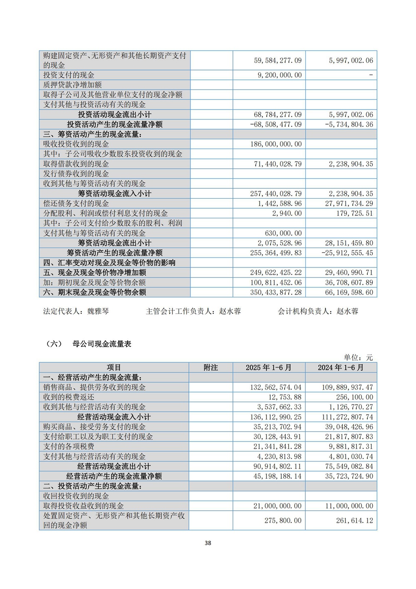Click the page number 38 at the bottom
[208, 543]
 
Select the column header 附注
[210, 367]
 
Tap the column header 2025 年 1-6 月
[269, 367]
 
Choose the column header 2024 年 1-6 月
[341, 367]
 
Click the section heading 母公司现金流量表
[102, 344]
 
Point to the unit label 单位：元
[358, 357]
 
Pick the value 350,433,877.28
[276, 292]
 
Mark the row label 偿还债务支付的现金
[76, 203]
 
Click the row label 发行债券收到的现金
[76, 174]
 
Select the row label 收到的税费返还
[69, 397]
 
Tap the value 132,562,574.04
[276, 387]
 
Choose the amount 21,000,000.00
[277, 506]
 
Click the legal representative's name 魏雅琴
[98, 311]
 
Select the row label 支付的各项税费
[69, 447]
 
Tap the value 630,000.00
[283, 233]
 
